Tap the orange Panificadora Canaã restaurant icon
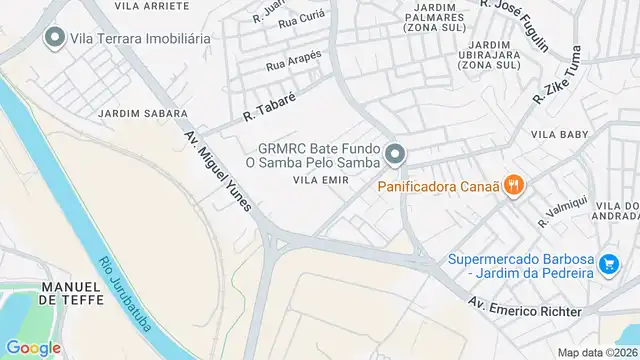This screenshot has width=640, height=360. click(514, 184)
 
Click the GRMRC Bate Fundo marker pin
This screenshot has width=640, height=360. click(396, 154)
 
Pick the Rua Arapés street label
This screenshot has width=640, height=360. click(292, 63)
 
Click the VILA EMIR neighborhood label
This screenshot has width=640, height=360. click(318, 180)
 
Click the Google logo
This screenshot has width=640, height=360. click(33, 347)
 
